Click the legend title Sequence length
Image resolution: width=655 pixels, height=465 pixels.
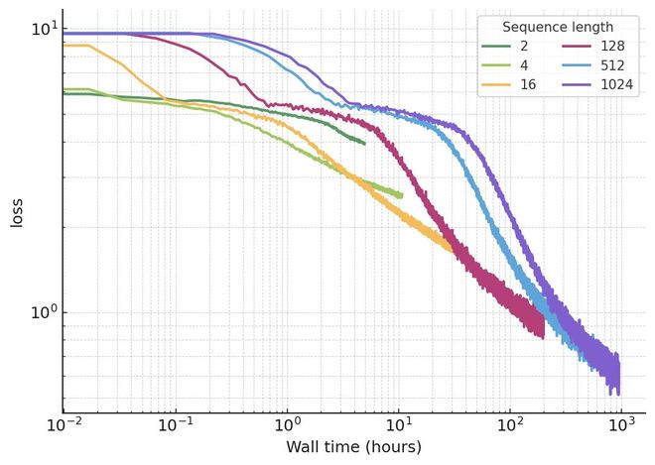pyautogui.click(x=557, y=27)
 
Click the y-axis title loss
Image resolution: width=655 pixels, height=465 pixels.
pyautogui.click(x=17, y=212)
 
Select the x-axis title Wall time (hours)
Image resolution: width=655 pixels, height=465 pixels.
pyautogui.click(x=353, y=447)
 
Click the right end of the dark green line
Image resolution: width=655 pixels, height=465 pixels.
pyautogui.click(x=364, y=144)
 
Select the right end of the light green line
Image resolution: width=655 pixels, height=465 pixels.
pyautogui.click(x=402, y=194)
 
